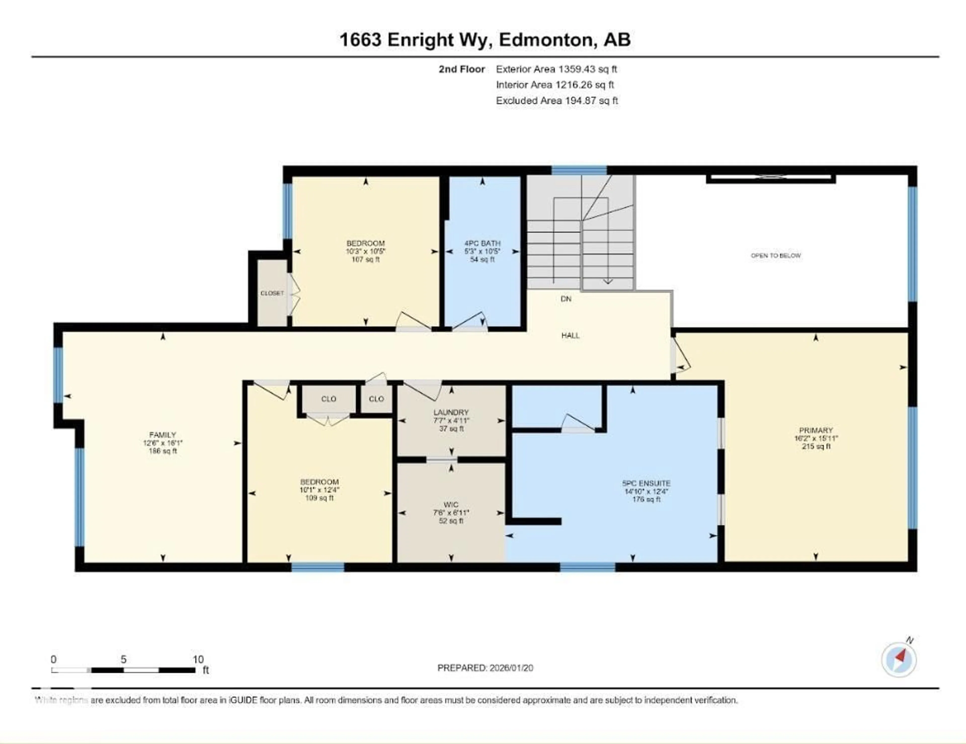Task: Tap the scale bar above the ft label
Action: tap(124, 670)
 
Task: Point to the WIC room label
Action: tap(451, 504)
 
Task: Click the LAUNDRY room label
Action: tap(451, 412)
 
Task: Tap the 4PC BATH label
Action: tap(482, 243)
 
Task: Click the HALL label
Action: tap(570, 335)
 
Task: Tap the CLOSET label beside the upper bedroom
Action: tap(272, 293)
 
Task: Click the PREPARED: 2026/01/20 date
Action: tap(485, 668)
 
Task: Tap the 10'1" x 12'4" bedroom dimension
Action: tap(319, 490)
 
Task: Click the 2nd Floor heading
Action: tap(461, 69)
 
